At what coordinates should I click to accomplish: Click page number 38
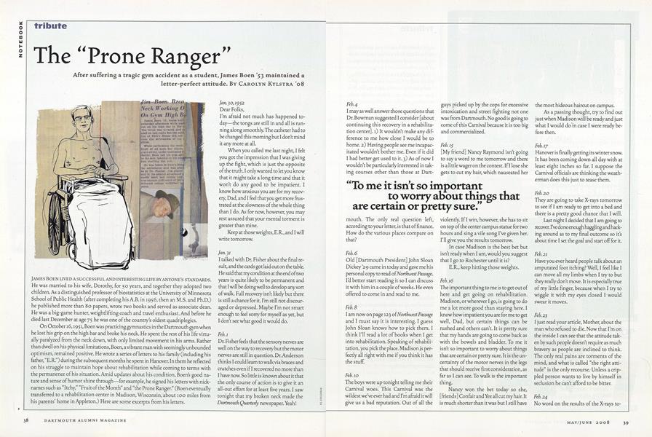pos(25,420)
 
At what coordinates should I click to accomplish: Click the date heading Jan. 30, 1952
pos(229,106)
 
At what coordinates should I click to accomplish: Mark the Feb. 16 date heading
pos(448,280)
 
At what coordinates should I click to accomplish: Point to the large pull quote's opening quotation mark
pos(351,186)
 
